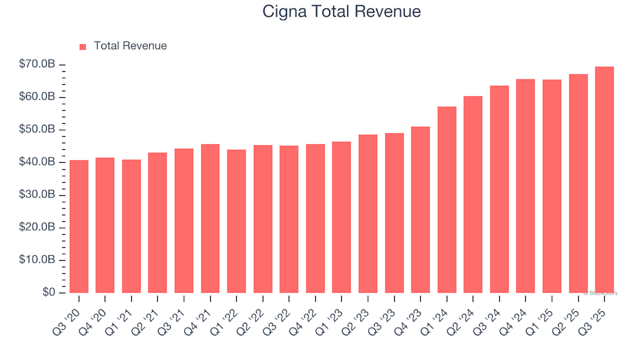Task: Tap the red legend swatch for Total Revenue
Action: (x=83, y=47)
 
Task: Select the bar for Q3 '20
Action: (x=79, y=227)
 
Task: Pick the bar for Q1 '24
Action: (x=447, y=200)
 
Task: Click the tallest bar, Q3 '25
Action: (x=604, y=180)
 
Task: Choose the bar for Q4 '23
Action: (x=420, y=210)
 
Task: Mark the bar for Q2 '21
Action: (x=157, y=223)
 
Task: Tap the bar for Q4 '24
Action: (x=525, y=186)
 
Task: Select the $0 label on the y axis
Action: (x=49, y=293)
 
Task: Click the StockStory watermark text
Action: (x=601, y=293)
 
